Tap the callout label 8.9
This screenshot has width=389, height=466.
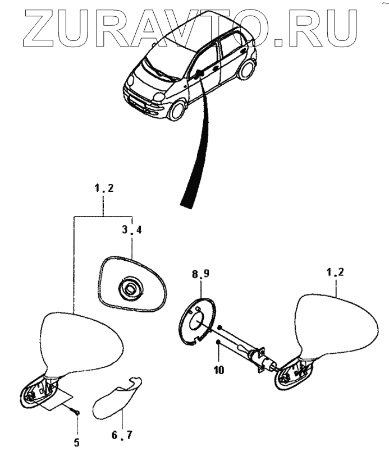pyautogui.click(x=200, y=274)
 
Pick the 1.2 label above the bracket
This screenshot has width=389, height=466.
pyautogui.click(x=104, y=188)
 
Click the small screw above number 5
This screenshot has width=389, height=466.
pyautogui.click(x=76, y=413)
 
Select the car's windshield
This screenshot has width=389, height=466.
pyautogui.click(x=163, y=57)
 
